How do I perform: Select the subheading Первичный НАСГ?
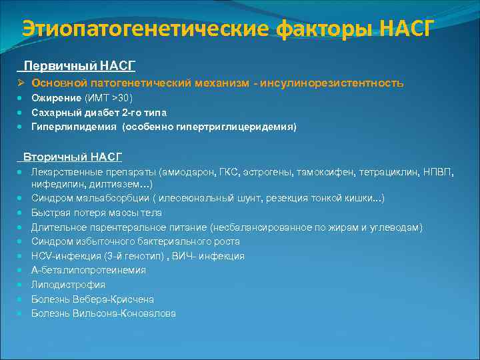tap(79, 66)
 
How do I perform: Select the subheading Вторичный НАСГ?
tap(73, 157)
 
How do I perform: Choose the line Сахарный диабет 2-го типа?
tap(99, 112)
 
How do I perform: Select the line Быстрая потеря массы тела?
tap(96, 213)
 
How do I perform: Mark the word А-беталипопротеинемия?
tap(89, 270)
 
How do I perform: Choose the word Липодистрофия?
tap(68, 285)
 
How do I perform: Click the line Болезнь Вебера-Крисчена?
tap(93, 299)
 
